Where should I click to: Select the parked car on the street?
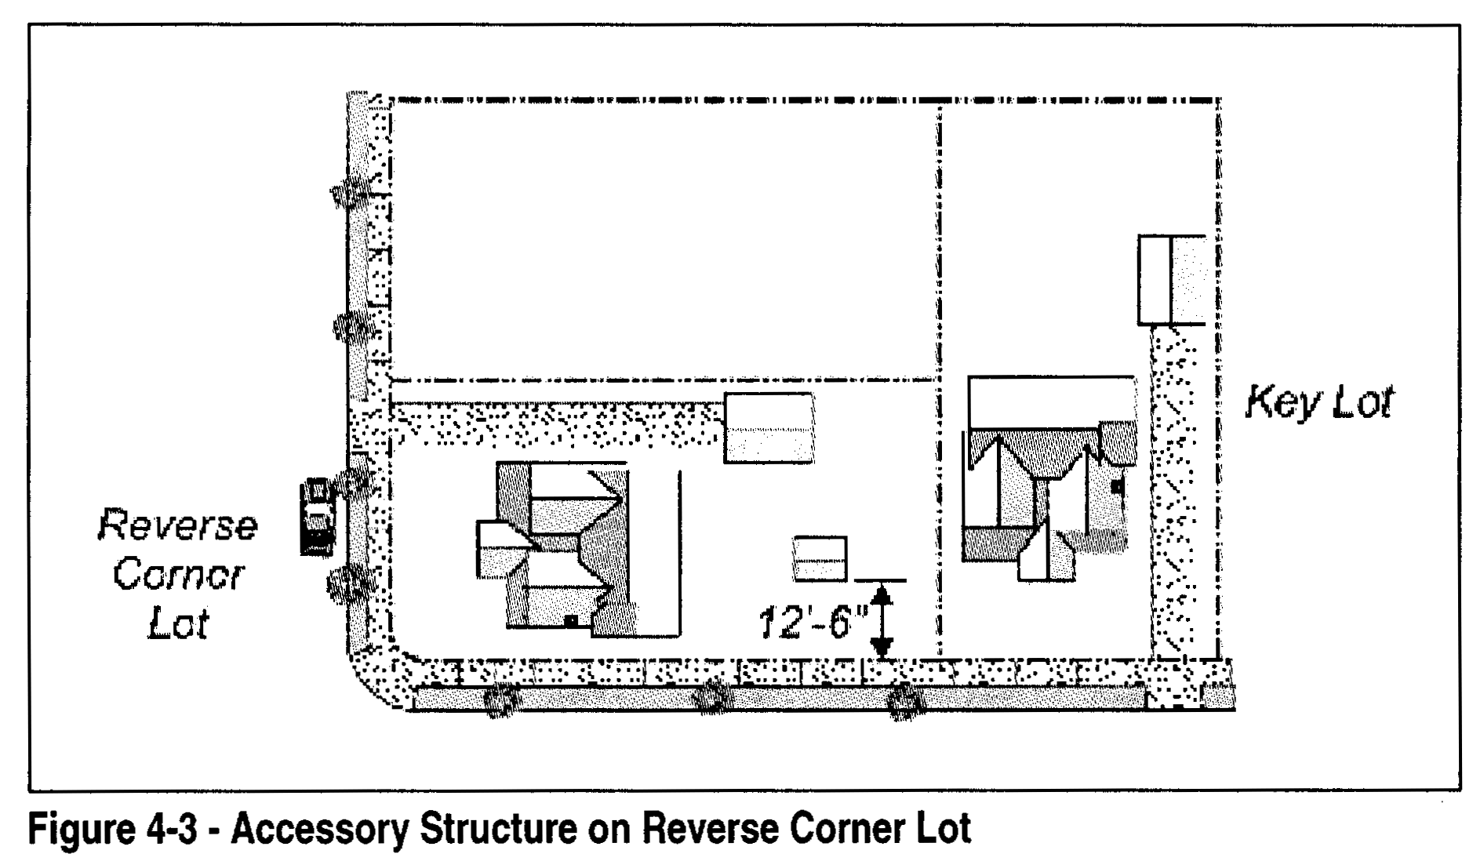(317, 517)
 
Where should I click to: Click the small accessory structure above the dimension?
(820, 558)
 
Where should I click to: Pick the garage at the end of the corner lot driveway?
(768, 428)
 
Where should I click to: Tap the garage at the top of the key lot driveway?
(1171, 280)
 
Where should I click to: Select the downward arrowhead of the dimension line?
(882, 647)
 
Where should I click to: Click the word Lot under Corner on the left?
(179, 623)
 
